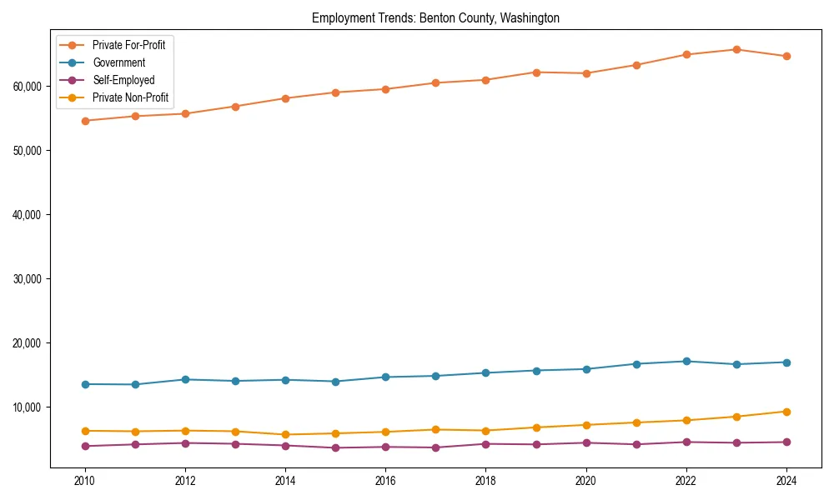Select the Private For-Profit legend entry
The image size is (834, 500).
tap(128, 45)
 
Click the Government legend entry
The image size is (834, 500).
tap(118, 62)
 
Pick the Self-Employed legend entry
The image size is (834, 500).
tap(123, 80)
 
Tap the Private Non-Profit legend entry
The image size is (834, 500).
tap(130, 97)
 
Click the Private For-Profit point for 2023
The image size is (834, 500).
tap(736, 50)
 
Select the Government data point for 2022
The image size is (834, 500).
tap(686, 362)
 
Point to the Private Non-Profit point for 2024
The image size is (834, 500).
tap(786, 412)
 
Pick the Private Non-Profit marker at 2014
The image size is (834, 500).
tap(285, 435)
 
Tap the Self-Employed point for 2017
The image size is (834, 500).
tap(435, 447)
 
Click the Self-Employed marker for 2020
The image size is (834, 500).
tap(586, 442)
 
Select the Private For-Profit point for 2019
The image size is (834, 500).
tap(536, 72)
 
